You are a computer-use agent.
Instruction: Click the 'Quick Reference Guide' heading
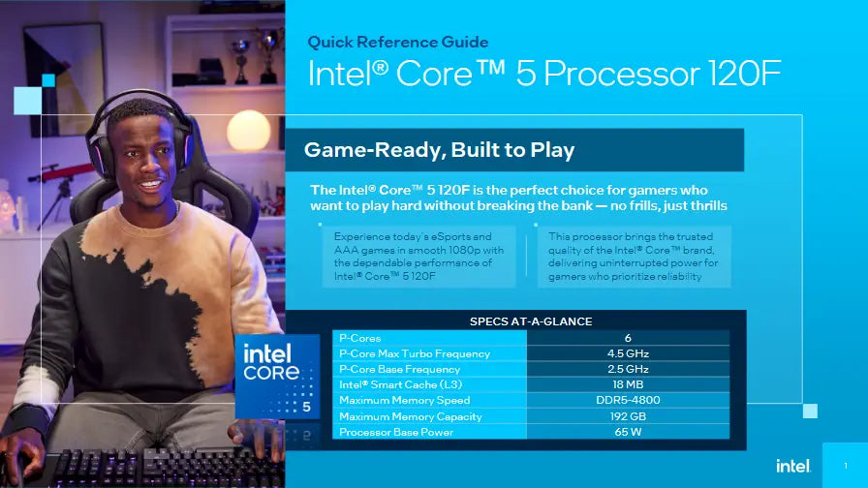pos(398,42)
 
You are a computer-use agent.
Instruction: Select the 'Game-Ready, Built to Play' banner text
pos(440,150)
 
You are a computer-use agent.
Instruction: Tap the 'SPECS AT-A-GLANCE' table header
pos(531,321)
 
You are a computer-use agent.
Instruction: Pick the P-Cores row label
pos(359,338)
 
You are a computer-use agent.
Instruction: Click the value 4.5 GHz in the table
pos(628,353)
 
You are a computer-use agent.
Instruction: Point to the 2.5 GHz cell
pos(628,369)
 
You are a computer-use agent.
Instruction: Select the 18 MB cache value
pos(628,384)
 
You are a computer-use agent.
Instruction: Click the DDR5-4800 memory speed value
pos(628,400)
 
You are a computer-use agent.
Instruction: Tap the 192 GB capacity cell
pos(628,416)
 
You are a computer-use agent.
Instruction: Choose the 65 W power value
pos(628,432)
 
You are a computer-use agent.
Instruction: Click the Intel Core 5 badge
pos(278,376)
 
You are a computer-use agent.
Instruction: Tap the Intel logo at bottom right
pos(791,466)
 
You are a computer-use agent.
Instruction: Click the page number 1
pos(846,467)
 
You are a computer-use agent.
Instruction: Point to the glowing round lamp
pos(248,130)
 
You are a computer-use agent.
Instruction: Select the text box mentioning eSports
pos(418,257)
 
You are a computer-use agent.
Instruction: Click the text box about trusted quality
pos(633,257)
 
